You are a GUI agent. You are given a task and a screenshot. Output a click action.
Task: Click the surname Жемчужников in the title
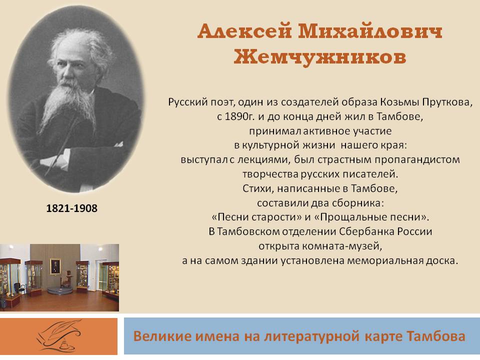pyautogui.click(x=319, y=56)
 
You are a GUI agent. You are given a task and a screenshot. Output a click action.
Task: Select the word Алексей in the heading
pyautogui.click(x=244, y=31)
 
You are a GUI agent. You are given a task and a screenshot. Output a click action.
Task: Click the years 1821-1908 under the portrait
pyautogui.click(x=71, y=208)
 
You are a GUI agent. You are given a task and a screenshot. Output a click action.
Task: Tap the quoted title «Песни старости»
pyautogui.click(x=256, y=217)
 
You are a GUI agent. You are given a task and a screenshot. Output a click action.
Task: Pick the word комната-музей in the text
pyautogui.click(x=320, y=246)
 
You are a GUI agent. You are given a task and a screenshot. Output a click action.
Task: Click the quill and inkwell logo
pyautogui.click(x=59, y=336)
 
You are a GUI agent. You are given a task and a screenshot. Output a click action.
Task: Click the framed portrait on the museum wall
pyautogui.click(x=55, y=266)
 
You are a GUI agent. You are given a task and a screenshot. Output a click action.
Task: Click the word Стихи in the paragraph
pyautogui.click(x=258, y=188)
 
